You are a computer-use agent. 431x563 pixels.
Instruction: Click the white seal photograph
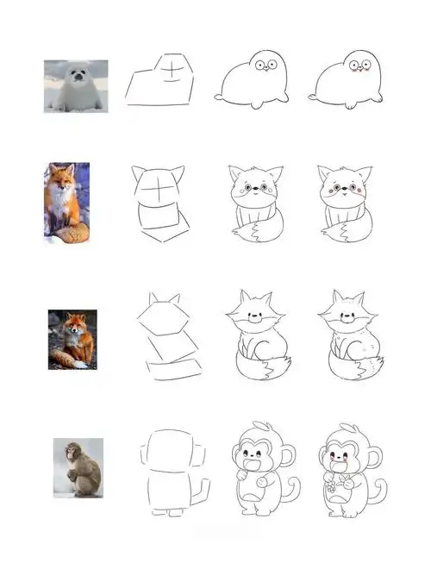tap(76, 86)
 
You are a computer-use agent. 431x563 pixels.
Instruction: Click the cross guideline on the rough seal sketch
tap(175, 67)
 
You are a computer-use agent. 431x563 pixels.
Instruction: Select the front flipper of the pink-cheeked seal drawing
tap(352, 104)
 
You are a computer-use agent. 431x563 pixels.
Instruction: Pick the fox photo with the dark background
tap(72, 339)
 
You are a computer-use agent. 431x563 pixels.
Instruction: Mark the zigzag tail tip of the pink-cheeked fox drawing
tap(348, 231)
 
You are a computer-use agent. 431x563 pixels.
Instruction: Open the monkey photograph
tap(78, 467)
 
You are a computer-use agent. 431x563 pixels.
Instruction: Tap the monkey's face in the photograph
tap(69, 452)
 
